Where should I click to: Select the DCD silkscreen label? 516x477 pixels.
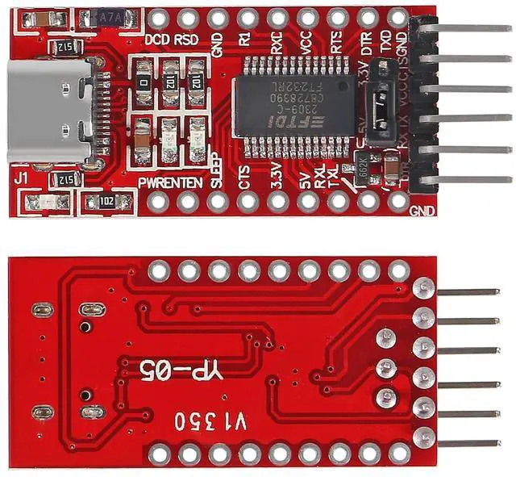(158, 38)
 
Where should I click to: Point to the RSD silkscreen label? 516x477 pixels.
(187, 38)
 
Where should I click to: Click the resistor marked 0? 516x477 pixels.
(144, 82)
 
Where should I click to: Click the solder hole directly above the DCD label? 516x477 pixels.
(158, 17)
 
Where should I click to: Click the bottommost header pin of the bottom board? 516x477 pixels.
(468, 443)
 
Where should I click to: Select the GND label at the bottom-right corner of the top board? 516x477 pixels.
(422, 211)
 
